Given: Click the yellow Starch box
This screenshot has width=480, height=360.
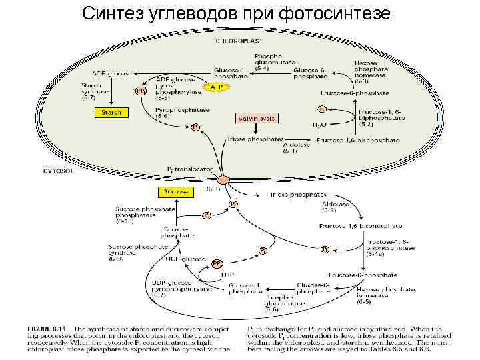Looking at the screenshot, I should coord(111,113).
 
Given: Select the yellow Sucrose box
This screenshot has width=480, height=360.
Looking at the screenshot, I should coord(175,192).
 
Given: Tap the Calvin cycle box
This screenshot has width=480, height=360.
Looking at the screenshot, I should coord(256,119).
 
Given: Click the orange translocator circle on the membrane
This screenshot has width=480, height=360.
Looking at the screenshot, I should coord(223,179).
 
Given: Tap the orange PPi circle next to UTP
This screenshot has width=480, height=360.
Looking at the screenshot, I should coord(217,263).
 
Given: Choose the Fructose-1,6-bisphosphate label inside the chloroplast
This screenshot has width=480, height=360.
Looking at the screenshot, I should coord(359,141).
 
